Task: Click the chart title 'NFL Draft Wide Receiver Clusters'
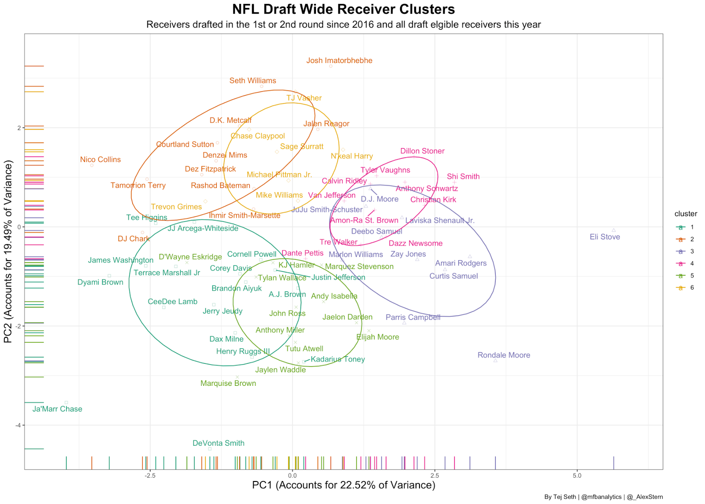[x=343, y=9]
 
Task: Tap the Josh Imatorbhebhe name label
[x=339, y=60]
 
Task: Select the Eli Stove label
[x=605, y=237]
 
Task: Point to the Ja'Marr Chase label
[x=57, y=409]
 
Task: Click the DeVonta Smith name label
[x=218, y=443]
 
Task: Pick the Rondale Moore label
[x=504, y=355]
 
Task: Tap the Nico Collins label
[x=100, y=160]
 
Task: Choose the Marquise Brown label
[x=228, y=383]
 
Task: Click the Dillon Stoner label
[x=422, y=151]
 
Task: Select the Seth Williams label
[x=252, y=81]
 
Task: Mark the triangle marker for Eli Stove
[x=613, y=230]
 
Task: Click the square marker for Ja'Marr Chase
[x=66, y=402]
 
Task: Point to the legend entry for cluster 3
[x=685, y=251]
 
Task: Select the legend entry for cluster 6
[x=685, y=287]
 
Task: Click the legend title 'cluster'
[x=685, y=214]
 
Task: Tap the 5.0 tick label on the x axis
[x=576, y=475]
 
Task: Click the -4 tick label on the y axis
[x=18, y=425]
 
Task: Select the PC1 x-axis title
[x=343, y=485]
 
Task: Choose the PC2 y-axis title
[x=8, y=251]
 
